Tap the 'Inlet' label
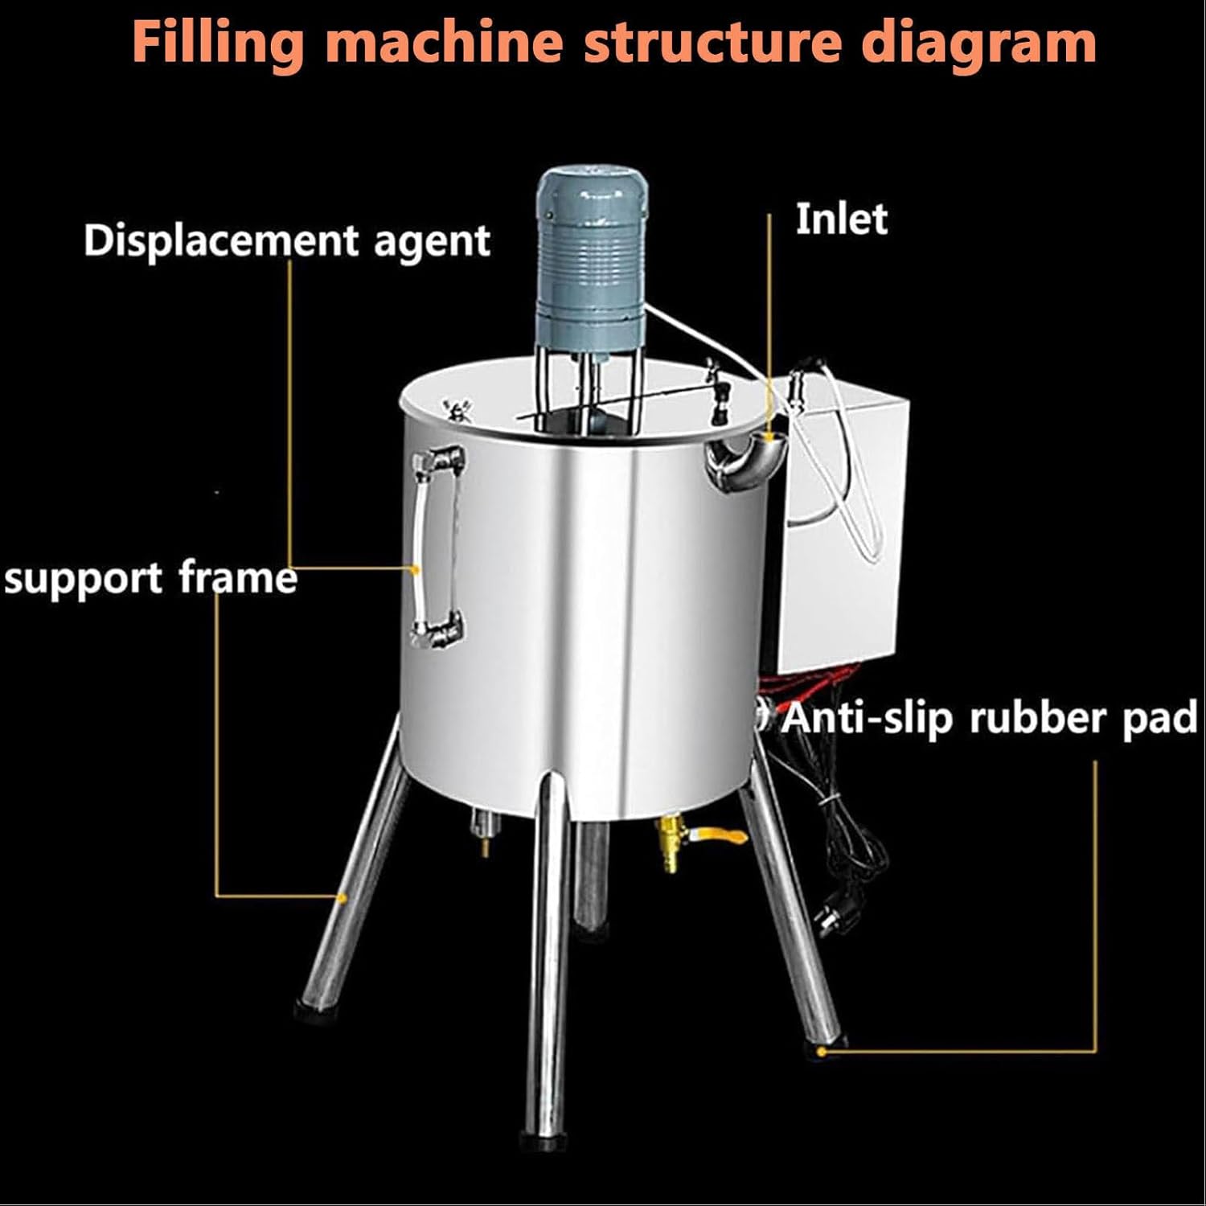[x=841, y=219]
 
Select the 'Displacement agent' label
[x=287, y=240]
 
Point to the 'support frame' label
[x=150, y=578]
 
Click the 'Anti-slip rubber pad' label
[x=990, y=718]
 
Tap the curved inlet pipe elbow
[x=738, y=460]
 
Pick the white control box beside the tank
[x=844, y=531]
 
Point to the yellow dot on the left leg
[x=342, y=896]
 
